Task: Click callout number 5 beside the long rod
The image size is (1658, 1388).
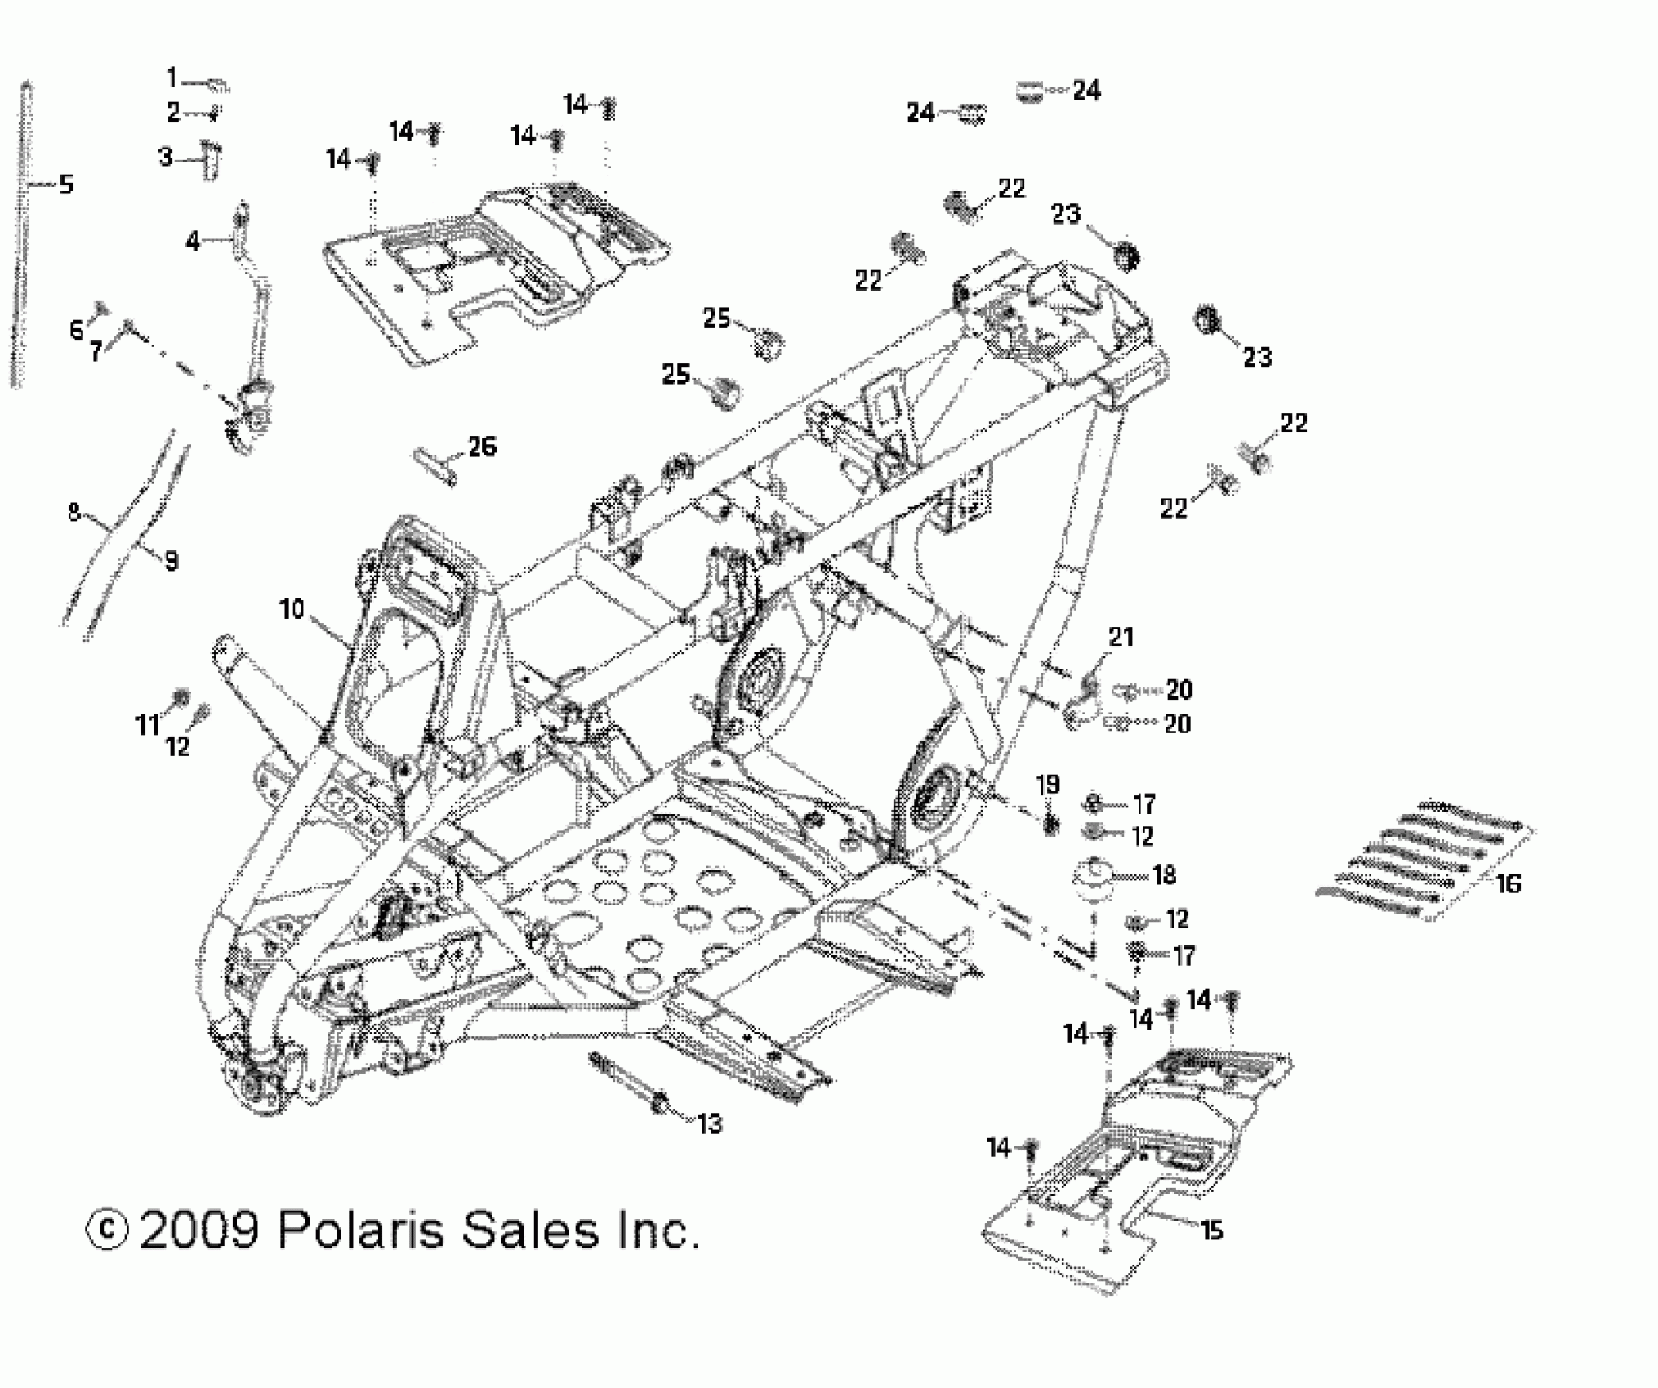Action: pos(66,185)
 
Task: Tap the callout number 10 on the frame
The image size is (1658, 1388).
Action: pos(292,608)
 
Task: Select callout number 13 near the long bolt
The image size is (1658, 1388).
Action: pos(710,1124)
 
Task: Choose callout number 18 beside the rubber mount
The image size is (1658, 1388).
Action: pos(1164,875)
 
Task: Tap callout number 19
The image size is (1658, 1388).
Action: pos(1048,785)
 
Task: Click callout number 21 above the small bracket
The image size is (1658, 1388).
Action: pos(1121,637)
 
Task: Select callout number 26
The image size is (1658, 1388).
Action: pos(482,447)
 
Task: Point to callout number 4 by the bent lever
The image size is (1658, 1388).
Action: pos(193,241)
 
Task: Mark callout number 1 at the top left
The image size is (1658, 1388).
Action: pos(172,78)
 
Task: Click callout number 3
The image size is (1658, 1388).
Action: pos(166,156)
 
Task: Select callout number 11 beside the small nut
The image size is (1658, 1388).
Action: pos(147,724)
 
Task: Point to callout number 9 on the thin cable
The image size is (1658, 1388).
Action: pos(171,561)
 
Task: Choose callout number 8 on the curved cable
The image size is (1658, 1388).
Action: pos(74,513)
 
